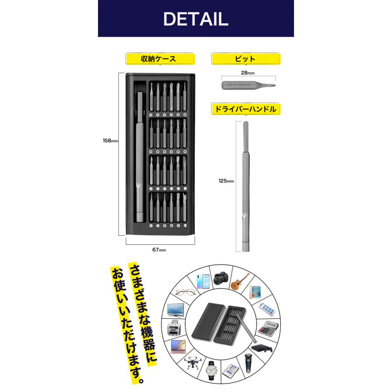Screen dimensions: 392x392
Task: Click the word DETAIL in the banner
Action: click(196, 18)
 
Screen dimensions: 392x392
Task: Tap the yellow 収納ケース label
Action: click(159, 59)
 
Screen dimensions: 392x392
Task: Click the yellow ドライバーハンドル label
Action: click(246, 109)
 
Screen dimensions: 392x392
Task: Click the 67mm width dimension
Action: click(159, 250)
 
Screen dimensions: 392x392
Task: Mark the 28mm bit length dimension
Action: click(247, 73)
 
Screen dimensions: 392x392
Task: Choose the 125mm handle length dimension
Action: click(227, 181)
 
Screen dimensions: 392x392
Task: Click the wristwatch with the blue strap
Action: click(211, 370)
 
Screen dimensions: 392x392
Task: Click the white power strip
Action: click(267, 309)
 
